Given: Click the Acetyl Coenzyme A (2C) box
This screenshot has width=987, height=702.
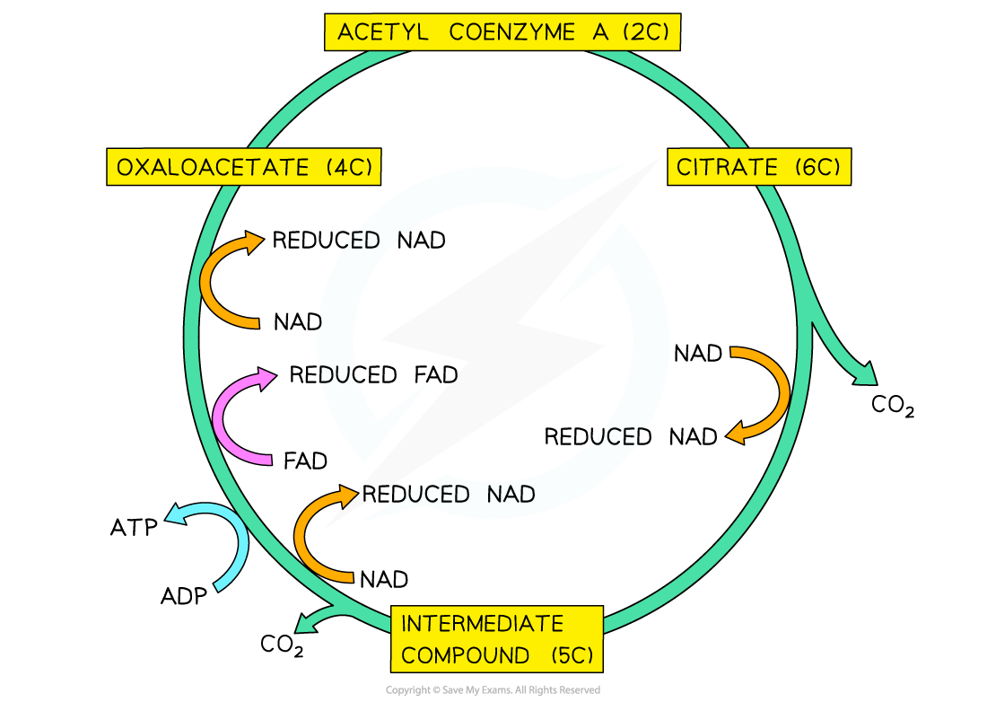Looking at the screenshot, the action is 502,31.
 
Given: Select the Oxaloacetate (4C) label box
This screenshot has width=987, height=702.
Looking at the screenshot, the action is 243,167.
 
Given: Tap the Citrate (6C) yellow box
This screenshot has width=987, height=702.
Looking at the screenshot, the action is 759,167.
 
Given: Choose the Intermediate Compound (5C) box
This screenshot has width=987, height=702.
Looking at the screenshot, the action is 497,639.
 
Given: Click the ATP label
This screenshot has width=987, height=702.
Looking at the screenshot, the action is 134,528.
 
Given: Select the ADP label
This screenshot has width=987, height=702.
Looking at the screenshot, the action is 184,595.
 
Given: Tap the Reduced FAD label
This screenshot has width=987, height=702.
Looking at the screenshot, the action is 373,375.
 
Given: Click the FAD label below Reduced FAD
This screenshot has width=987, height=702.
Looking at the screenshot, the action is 305,461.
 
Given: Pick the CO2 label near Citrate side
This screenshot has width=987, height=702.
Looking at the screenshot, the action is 893,405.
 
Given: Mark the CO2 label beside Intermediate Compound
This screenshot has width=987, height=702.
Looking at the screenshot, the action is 282,645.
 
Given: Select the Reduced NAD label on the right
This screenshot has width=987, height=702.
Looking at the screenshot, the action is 631,437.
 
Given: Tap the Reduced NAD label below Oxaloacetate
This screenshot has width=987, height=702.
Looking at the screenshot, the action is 359,241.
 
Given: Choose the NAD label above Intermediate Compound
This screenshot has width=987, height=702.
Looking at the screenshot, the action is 384,579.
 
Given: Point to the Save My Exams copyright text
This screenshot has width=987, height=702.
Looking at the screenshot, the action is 493,690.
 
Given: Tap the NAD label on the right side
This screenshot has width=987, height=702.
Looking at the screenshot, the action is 698,354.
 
